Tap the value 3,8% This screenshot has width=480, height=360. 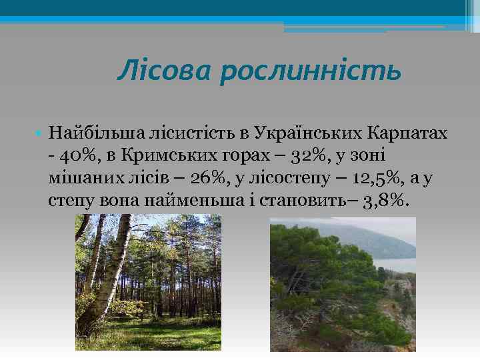pyautogui.click(x=385, y=201)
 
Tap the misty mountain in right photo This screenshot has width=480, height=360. pyautogui.click(x=373, y=233)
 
